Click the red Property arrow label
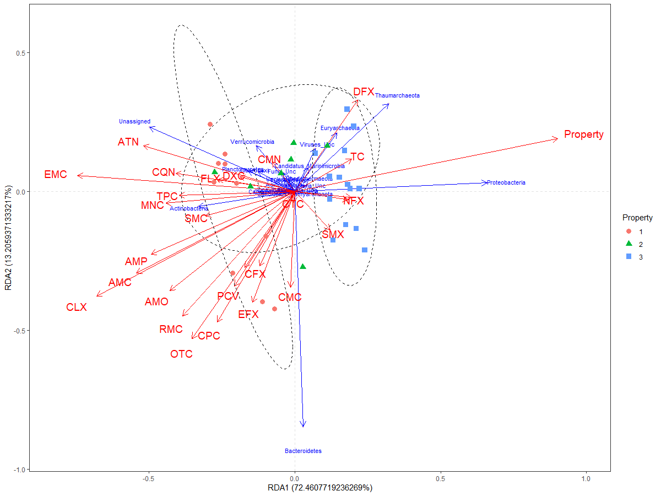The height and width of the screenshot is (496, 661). [583, 134]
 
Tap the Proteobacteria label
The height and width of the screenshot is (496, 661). [506, 182]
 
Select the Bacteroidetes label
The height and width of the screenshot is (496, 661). [303, 451]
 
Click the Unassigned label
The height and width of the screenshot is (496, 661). [134, 121]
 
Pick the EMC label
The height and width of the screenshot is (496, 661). [56, 175]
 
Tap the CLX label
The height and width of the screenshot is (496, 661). [77, 307]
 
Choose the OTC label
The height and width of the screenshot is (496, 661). [181, 354]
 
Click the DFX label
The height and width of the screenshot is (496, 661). [364, 91]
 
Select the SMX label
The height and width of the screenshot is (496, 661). [333, 235]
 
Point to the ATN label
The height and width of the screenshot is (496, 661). [128, 142]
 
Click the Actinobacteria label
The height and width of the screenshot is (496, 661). [189, 209]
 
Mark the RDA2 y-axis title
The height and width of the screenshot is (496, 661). [8, 237]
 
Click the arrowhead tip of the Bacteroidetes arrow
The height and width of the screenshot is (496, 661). [302, 425]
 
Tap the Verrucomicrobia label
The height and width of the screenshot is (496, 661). [252, 142]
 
